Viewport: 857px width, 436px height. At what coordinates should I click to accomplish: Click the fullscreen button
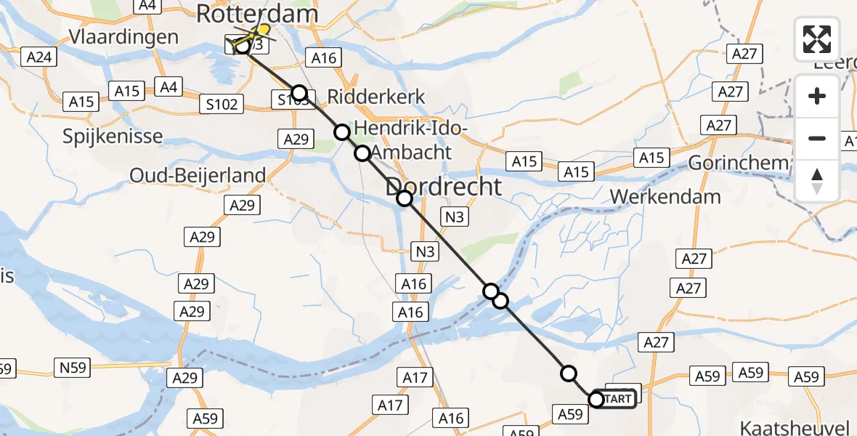pyautogui.click(x=817, y=39)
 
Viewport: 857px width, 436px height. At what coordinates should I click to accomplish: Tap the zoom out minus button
pyautogui.click(x=817, y=138)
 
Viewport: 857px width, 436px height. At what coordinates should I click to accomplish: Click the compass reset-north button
pyautogui.click(x=817, y=180)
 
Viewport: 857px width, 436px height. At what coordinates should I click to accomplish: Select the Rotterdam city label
pyautogui.click(x=257, y=14)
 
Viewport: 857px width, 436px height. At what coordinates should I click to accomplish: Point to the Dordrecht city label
pyautogui.click(x=443, y=187)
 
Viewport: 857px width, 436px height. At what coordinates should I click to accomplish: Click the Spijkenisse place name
pyautogui.click(x=113, y=137)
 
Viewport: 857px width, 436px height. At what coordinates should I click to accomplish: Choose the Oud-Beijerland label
pyautogui.click(x=198, y=175)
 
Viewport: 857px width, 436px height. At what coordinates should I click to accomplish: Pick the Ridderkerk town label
pyautogui.click(x=376, y=97)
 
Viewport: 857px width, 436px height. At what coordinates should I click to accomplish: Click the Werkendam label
pyautogui.click(x=666, y=196)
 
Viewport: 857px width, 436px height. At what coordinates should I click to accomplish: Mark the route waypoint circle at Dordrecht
pyautogui.click(x=405, y=198)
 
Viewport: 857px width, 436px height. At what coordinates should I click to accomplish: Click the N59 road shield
pyautogui.click(x=73, y=368)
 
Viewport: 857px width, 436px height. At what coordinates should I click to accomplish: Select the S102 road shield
pyautogui.click(x=222, y=105)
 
